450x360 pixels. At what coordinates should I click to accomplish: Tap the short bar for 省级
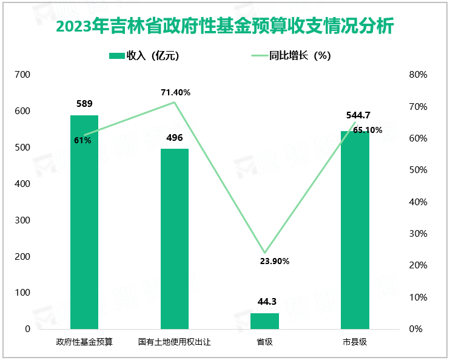(264, 321)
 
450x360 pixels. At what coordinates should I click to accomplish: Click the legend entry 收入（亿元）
(144, 56)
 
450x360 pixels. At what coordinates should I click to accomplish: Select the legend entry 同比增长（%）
(291, 56)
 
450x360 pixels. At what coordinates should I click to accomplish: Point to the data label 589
(84, 104)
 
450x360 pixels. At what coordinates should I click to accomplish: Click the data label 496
(175, 138)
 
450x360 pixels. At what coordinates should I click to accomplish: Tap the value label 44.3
(264, 302)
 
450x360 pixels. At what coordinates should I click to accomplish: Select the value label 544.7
(355, 115)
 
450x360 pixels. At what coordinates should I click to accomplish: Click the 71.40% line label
(176, 92)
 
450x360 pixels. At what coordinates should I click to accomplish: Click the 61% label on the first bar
(83, 140)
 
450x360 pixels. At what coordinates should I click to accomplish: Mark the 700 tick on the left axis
(22, 75)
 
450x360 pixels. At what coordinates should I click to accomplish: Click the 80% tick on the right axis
(418, 75)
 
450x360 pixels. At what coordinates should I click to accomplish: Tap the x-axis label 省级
(264, 342)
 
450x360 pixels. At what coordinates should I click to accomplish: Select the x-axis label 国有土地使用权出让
(175, 342)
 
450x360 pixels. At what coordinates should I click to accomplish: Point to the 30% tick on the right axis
(418, 234)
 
